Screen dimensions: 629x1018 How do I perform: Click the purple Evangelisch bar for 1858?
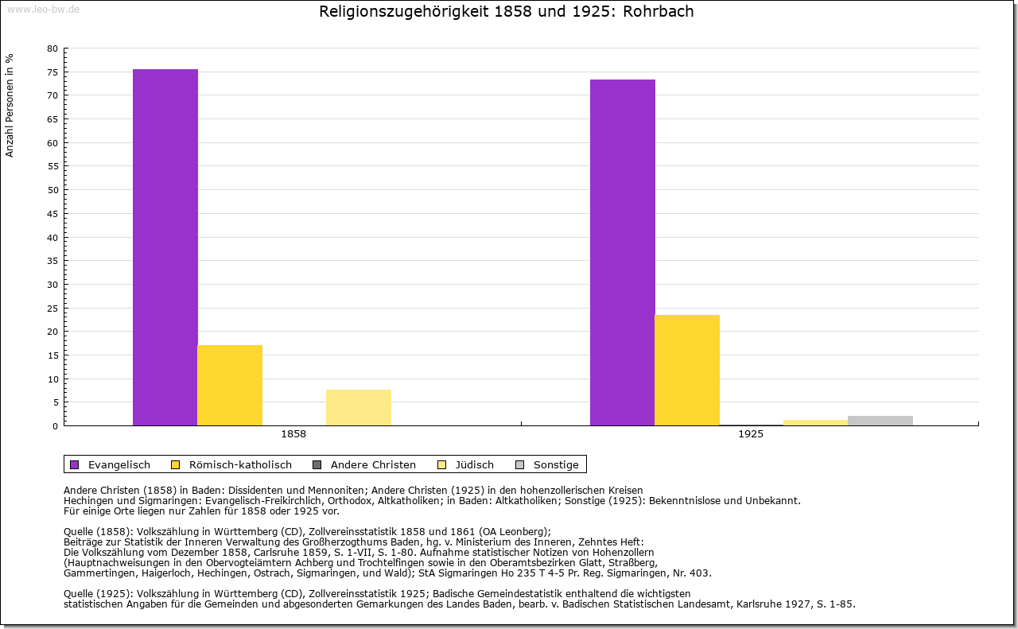click(x=165, y=247)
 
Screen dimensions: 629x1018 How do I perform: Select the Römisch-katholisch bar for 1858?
click(x=230, y=386)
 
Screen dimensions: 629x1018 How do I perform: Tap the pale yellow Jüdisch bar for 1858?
click(x=359, y=408)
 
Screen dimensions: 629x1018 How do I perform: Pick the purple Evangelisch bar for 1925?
click(x=623, y=253)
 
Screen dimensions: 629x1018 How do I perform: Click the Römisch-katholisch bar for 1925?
click(x=687, y=371)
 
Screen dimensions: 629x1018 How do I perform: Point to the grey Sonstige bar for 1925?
click(x=880, y=421)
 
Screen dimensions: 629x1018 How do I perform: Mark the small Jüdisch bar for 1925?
click(x=816, y=422)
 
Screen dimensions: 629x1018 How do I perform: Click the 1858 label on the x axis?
click(x=293, y=435)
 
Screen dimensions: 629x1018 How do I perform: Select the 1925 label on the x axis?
click(x=751, y=435)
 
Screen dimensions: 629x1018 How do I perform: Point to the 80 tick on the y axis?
click(x=52, y=49)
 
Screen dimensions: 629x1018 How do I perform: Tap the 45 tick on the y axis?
click(x=52, y=214)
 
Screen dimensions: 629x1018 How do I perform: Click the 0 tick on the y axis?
click(x=55, y=426)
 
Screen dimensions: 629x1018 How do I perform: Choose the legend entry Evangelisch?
click(x=119, y=464)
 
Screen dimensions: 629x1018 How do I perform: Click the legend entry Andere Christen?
click(x=373, y=464)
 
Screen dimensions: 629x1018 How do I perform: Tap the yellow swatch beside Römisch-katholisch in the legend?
click(x=175, y=464)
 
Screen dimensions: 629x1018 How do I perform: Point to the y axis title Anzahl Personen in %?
click(x=10, y=105)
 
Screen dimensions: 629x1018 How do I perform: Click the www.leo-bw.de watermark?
click(x=43, y=9)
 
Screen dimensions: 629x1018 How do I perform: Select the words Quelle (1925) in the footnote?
click(x=98, y=593)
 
